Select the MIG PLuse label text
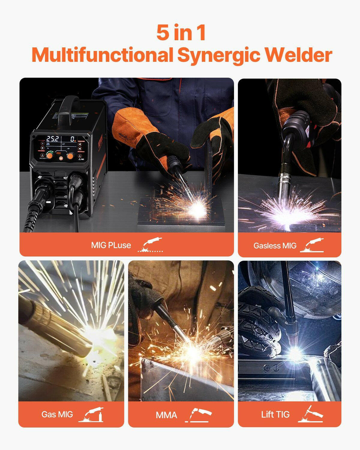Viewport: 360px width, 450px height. [111, 245]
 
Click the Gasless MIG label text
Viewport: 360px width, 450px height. [275, 246]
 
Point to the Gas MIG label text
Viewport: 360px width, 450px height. [57, 414]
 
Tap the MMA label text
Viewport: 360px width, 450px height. [166, 415]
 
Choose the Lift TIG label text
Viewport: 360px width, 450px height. [275, 414]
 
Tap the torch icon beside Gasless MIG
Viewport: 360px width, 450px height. [312, 245]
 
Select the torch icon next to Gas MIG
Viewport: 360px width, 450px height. [91, 415]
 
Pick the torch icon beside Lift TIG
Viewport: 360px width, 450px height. [310, 414]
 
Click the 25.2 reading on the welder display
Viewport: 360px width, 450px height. [52, 139]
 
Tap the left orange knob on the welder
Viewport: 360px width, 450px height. [49, 156]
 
